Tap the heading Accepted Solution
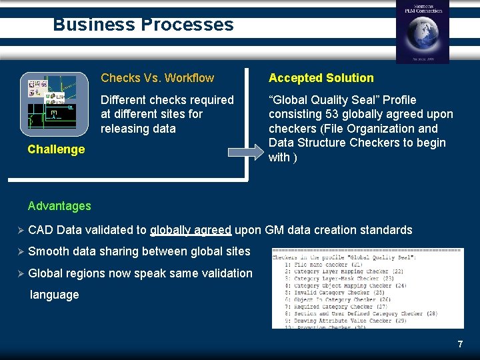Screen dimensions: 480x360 coord(321,78)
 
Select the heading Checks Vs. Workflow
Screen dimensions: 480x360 coord(157,78)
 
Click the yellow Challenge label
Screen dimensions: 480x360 coord(56,149)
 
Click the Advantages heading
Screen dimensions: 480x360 coord(59,206)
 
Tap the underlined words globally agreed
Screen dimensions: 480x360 coord(191,230)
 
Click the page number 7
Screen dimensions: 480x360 coord(460,344)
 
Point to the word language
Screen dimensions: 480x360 coord(55,295)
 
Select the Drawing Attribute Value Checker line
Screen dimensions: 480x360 coord(347,321)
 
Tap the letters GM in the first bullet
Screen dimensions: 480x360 coord(274,230)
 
